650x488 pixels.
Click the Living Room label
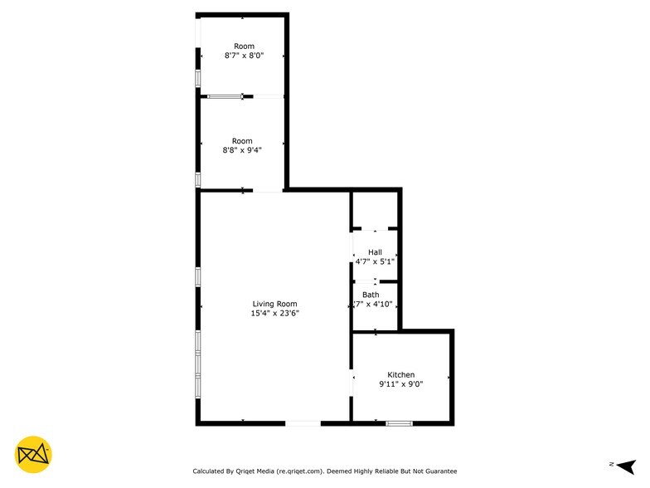pyautogui.click(x=274, y=304)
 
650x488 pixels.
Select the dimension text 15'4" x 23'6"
pyautogui.click(x=274, y=314)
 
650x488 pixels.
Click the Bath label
pyautogui.click(x=371, y=295)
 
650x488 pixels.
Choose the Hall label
pyautogui.click(x=375, y=252)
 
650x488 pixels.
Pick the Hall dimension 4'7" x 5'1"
pyautogui.click(x=375, y=261)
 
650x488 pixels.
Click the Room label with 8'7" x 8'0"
pyautogui.click(x=244, y=46)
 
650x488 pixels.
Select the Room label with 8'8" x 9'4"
pyautogui.click(x=242, y=141)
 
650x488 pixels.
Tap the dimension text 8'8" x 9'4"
pyautogui.click(x=242, y=151)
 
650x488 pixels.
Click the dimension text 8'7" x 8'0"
pyautogui.click(x=244, y=56)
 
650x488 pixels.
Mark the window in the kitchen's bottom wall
pyautogui.click(x=399, y=423)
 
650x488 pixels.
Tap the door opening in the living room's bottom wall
pyautogui.click(x=303, y=423)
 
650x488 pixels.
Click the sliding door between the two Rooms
pyautogui.click(x=225, y=96)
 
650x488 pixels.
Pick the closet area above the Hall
pyautogui.click(x=375, y=209)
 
